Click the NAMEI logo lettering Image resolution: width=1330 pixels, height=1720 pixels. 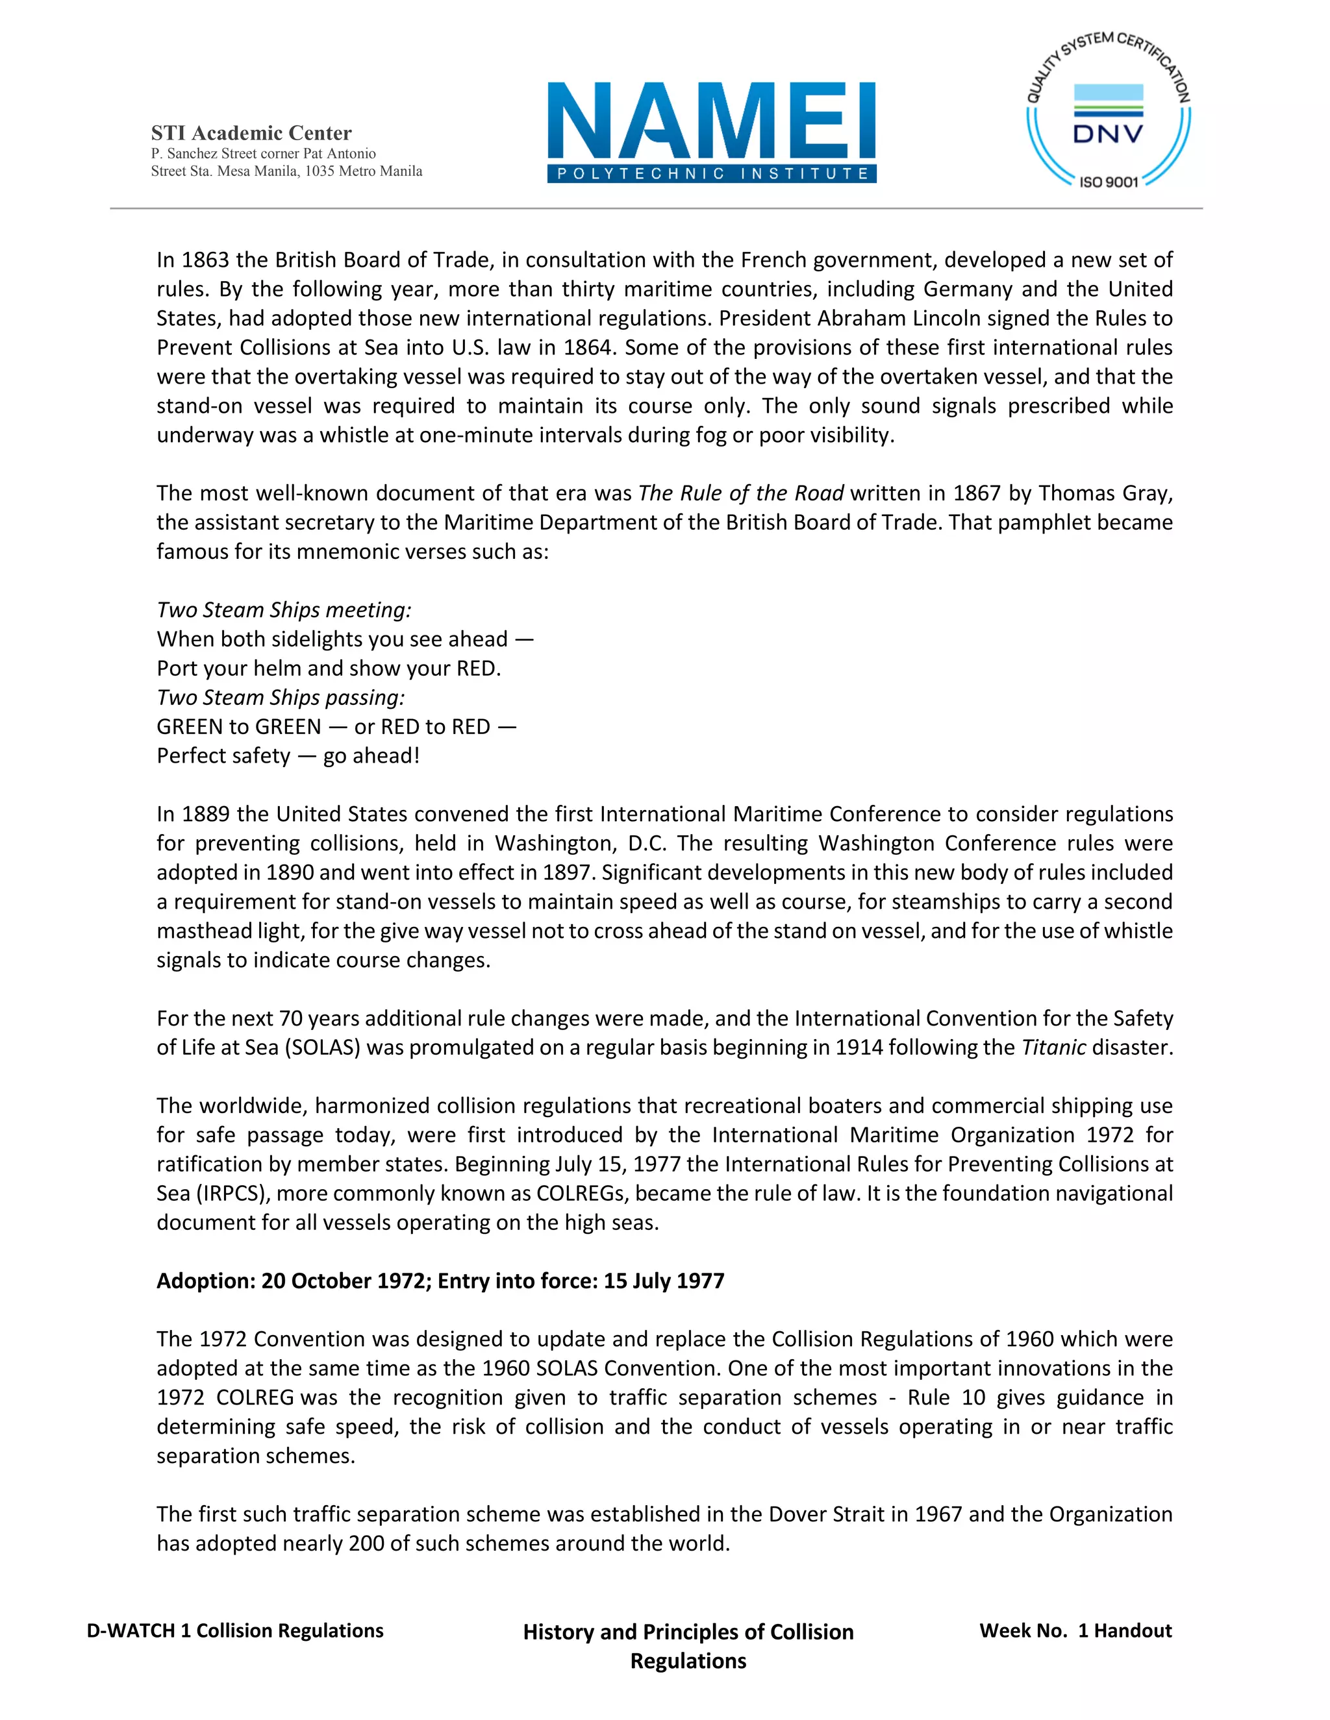coord(712,121)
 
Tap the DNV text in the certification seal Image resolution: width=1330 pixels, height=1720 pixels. coord(1108,134)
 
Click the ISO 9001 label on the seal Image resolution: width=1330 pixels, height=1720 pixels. coord(1108,182)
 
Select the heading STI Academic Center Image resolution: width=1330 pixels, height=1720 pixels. coord(251,133)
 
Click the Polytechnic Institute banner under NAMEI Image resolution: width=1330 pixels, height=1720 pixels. coord(712,174)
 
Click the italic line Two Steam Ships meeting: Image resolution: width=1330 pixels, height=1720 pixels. coord(284,609)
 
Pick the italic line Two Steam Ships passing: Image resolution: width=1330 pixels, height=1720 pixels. coord(281,697)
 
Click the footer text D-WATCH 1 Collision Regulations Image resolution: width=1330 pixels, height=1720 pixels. coord(235,1630)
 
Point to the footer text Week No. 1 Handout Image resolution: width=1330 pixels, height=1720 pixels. coord(1075,1630)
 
